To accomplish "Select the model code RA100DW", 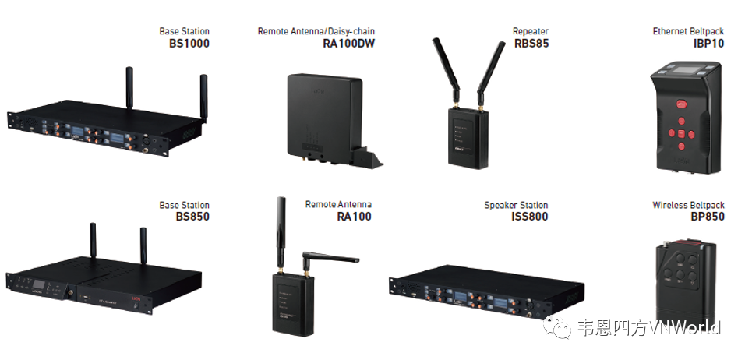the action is point(348,44).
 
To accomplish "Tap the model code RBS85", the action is point(531,44).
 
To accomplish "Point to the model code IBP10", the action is point(708,44).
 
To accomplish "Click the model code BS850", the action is point(192,217).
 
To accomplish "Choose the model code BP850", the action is point(707,217).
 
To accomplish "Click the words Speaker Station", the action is point(516,205).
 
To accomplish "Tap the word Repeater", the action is point(531,32).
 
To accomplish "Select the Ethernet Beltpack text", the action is point(688,32).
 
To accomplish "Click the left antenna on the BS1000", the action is point(129,90).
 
